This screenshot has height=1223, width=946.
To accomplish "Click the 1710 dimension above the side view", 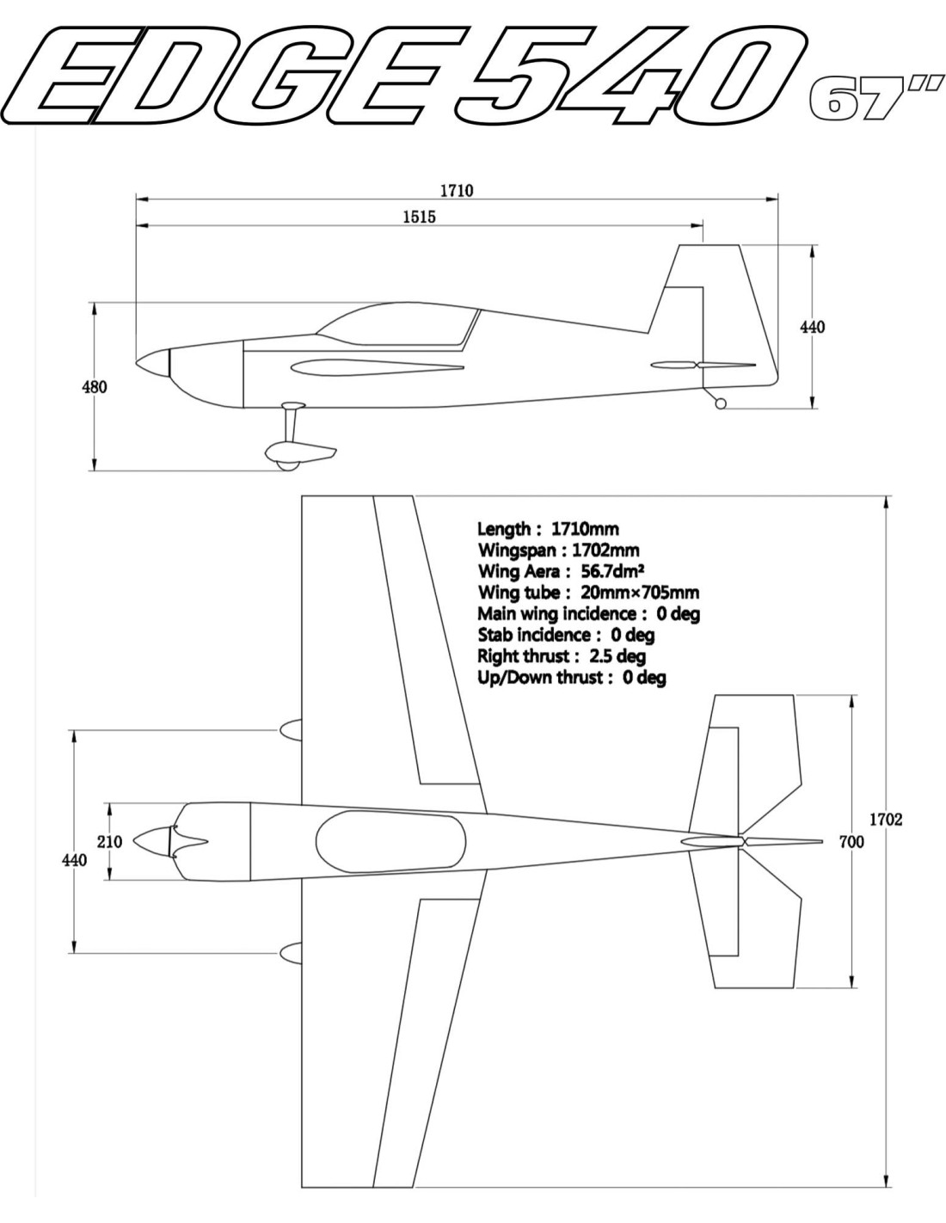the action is pos(457,191).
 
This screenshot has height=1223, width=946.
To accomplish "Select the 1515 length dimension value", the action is pos(420,217).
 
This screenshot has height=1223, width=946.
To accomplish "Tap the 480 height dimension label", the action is pos(95,387).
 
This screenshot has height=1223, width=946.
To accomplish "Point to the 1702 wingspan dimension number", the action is pos(887,820).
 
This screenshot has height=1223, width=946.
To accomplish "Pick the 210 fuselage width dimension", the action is pos(110,842).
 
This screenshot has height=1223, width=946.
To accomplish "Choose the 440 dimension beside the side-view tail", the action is pos(813,327).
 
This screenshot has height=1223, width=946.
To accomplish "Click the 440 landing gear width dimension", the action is pos(74,861).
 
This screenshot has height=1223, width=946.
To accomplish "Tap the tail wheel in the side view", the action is pos(721,403).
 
